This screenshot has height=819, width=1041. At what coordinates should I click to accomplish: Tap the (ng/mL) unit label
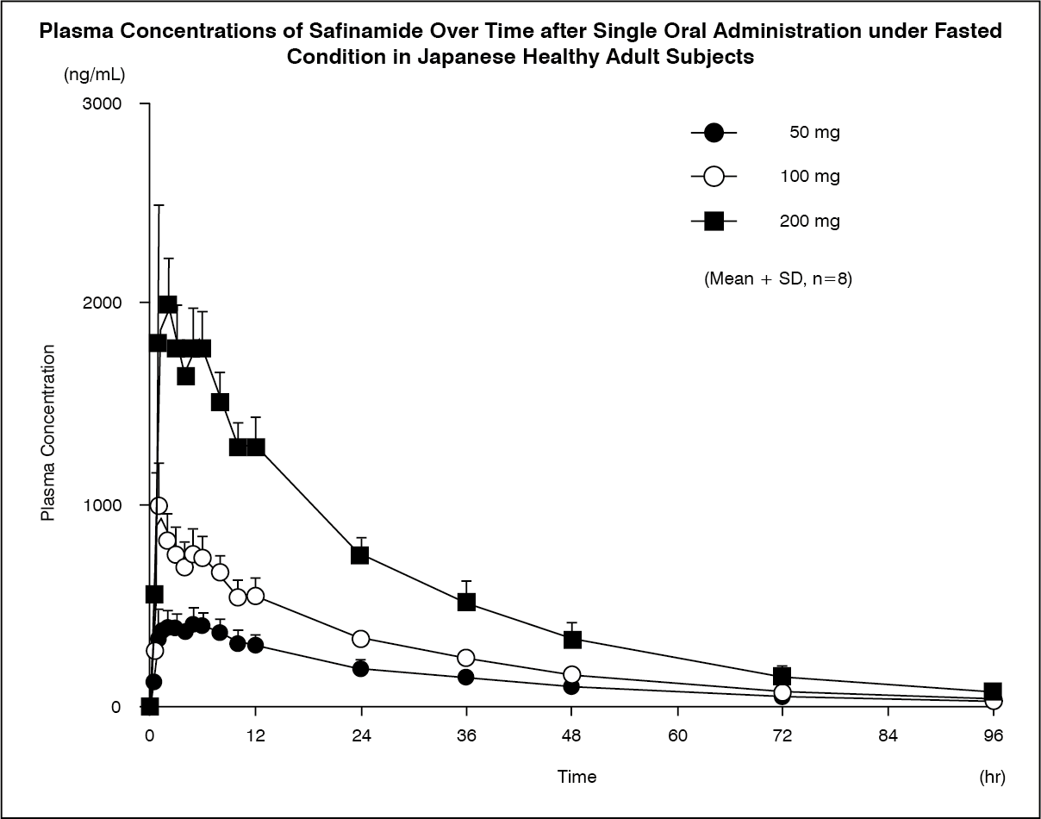tap(95, 75)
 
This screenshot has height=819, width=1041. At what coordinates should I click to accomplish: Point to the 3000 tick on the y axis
tap(103, 104)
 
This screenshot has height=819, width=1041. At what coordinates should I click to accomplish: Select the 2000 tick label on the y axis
tap(103, 303)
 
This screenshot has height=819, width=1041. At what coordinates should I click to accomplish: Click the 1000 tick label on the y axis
tap(103, 505)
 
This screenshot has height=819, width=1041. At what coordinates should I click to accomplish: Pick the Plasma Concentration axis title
tap(49, 433)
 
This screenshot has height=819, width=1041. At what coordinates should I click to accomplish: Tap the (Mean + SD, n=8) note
tap(778, 279)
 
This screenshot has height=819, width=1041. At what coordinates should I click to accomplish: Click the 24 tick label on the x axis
tap(360, 736)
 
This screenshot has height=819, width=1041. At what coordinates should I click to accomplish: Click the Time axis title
tap(577, 777)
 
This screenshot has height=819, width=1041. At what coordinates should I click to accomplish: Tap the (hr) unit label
tap(993, 777)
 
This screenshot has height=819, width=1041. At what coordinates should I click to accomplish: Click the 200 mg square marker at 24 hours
tap(360, 554)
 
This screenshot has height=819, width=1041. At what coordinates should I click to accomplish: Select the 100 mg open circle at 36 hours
tap(466, 659)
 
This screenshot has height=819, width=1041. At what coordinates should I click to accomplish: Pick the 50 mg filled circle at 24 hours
tap(360, 668)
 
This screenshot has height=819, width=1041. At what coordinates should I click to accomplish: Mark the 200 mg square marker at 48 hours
tap(572, 639)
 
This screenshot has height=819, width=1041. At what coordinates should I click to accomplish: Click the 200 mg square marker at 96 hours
tap(993, 691)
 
